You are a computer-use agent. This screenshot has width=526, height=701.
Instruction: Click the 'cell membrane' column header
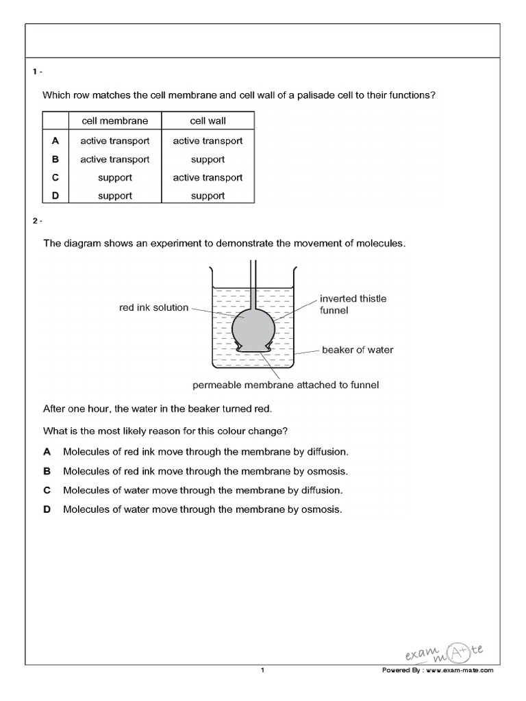pyautogui.click(x=114, y=120)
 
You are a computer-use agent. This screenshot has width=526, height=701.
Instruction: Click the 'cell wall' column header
pyautogui.click(x=208, y=120)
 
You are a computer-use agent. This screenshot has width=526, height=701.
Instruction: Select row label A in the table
pyautogui.click(x=55, y=140)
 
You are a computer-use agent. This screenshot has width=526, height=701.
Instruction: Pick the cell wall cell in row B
pyautogui.click(x=208, y=160)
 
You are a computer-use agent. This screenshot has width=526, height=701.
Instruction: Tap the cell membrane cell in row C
pyautogui.click(x=114, y=177)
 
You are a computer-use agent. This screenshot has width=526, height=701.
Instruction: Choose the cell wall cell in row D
pyautogui.click(x=208, y=196)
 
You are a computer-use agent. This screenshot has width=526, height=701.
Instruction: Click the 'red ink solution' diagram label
pyautogui.click(x=153, y=307)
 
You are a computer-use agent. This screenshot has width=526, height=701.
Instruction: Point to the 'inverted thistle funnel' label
pyautogui.click(x=353, y=305)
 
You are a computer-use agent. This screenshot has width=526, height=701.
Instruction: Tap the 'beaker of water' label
pyautogui.click(x=358, y=350)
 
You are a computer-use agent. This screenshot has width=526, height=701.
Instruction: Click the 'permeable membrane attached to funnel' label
pyautogui.click(x=286, y=385)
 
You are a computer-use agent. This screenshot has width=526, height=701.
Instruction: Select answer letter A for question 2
pyautogui.click(x=47, y=452)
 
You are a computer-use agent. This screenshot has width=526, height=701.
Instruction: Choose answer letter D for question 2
pyautogui.click(x=47, y=509)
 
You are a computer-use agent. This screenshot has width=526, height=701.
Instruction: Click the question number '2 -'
pyautogui.click(x=36, y=221)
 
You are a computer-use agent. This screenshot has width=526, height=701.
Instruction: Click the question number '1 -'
pyautogui.click(x=36, y=72)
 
